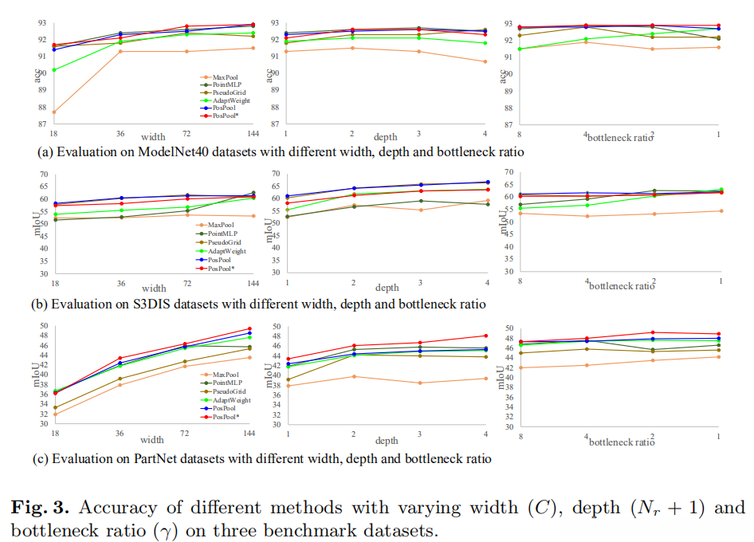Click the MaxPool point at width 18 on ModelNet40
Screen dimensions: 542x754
point(54,112)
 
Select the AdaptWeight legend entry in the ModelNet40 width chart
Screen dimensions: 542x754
point(231,100)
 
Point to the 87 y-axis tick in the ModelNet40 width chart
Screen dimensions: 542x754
point(42,124)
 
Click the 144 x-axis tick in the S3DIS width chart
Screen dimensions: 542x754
point(253,284)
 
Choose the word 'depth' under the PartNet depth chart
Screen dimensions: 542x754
point(387,441)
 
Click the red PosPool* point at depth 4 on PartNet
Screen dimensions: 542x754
point(485,336)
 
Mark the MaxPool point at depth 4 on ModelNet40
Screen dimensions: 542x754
point(485,61)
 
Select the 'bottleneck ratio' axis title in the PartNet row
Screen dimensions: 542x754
point(619,440)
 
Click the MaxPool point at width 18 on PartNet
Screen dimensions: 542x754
point(54,414)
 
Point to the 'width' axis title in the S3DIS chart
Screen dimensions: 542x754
point(153,288)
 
